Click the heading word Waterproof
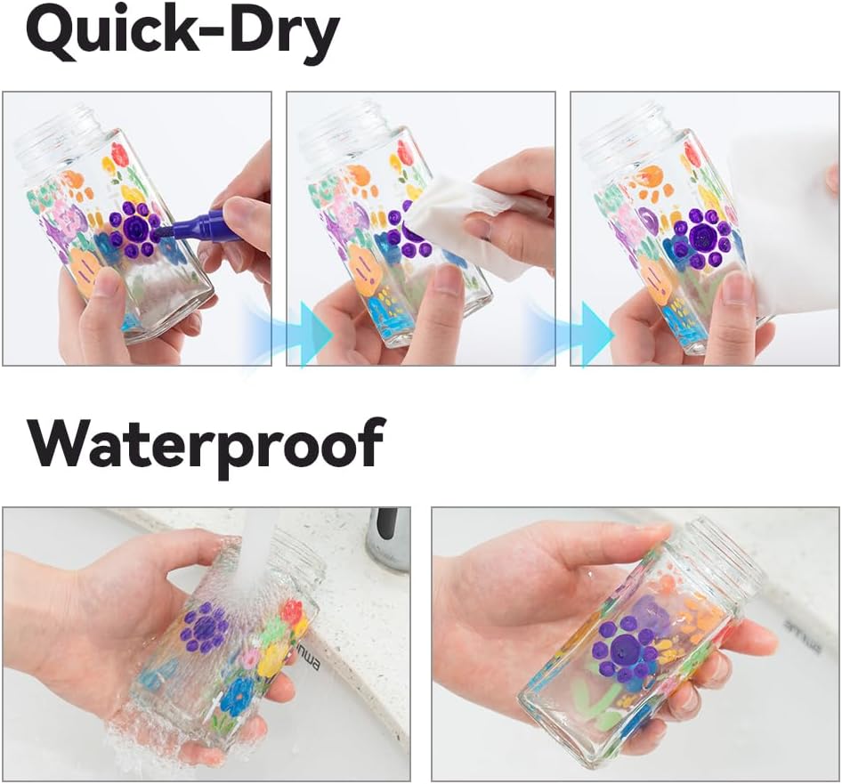point(206,442)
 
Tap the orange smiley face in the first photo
point(86,271)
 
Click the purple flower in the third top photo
point(700,238)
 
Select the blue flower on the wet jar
point(237,695)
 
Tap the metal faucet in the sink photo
point(388,539)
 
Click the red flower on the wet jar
point(292,613)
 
